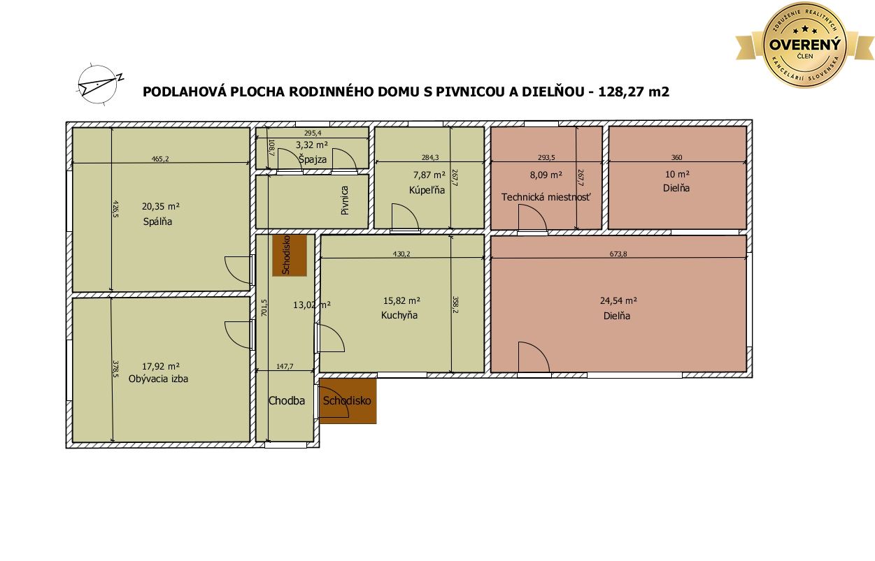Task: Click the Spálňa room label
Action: point(157,221)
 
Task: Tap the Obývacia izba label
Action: point(158,379)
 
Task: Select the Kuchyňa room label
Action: point(399,315)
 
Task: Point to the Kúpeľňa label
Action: point(427,191)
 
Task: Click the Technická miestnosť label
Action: point(546,197)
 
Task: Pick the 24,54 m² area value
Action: point(618,301)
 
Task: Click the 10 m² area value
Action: point(677,175)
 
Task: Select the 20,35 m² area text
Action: point(161,206)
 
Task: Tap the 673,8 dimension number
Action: point(618,254)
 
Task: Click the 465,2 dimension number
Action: point(160,159)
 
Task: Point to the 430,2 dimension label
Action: point(401,254)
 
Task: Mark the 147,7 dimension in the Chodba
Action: point(285,366)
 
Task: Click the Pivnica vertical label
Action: point(345,200)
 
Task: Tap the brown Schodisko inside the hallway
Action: point(290,256)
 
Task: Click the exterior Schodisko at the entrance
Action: point(348,400)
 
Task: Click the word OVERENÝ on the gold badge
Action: point(805,45)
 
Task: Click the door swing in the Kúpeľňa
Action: point(405,217)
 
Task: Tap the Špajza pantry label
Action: point(313,159)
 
